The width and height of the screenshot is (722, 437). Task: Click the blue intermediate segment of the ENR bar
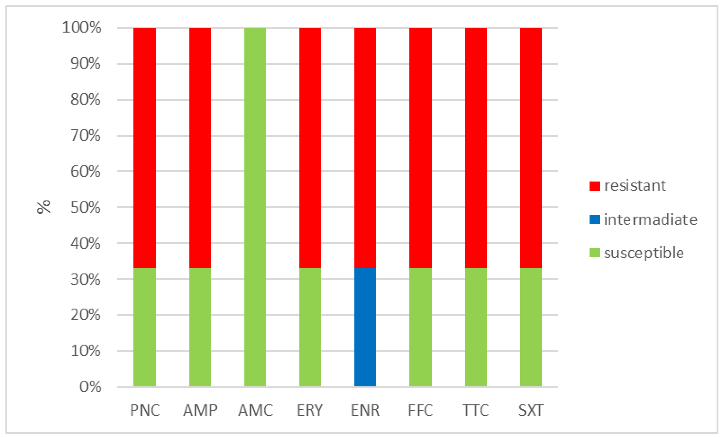[365, 327]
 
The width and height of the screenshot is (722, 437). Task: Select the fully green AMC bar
[255, 207]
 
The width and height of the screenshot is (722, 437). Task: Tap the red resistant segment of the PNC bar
[145, 148]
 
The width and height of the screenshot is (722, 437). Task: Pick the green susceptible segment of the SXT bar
[531, 327]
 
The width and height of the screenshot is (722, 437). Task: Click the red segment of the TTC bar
[476, 148]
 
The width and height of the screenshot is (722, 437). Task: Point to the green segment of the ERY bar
[310, 327]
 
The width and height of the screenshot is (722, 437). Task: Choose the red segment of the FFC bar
[421, 148]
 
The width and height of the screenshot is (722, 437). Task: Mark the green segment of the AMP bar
[200, 327]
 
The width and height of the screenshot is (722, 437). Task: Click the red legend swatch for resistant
[595, 186]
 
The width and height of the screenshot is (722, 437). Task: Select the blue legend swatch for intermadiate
[595, 219]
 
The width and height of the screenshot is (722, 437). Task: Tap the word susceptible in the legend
[644, 253]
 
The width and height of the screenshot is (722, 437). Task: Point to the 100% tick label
[82, 27]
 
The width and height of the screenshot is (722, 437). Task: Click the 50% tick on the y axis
[85, 208]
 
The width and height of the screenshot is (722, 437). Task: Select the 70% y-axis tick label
[85, 136]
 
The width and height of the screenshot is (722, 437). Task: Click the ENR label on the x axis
[365, 410]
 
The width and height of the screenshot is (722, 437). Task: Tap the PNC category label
[145, 410]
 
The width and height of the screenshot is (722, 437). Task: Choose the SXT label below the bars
[531, 410]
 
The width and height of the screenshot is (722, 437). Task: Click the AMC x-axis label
[255, 410]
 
